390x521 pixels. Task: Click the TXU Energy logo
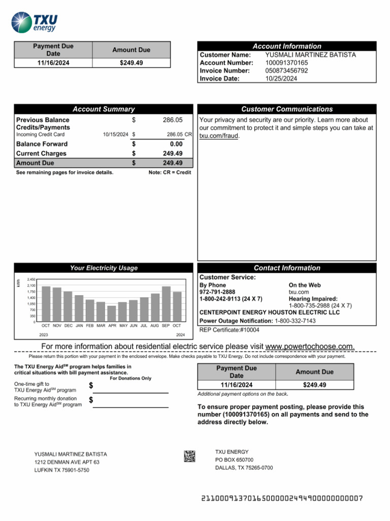(x=35, y=22)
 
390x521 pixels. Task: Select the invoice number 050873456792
(x=286, y=71)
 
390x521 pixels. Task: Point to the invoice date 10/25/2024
(x=281, y=79)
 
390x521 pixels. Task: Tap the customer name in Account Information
(x=310, y=54)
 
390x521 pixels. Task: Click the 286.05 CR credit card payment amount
(x=179, y=134)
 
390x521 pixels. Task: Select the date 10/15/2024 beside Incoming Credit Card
(x=115, y=134)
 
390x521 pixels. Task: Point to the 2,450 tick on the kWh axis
(x=31, y=280)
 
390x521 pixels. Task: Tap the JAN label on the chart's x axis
(x=79, y=325)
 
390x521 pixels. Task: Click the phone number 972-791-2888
(x=217, y=292)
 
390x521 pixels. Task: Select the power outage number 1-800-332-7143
(x=295, y=321)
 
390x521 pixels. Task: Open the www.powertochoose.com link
(x=310, y=346)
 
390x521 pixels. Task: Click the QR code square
(x=189, y=456)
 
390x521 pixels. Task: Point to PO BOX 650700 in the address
(x=234, y=459)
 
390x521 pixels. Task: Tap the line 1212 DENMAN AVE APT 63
(x=67, y=462)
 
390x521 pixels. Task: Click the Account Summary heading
(x=104, y=109)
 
